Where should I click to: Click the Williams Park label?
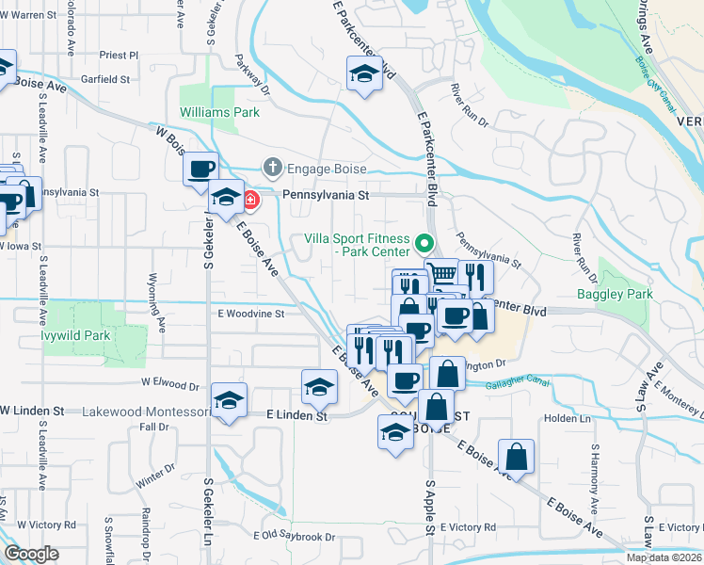(x=219, y=112)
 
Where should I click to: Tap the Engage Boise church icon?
(x=272, y=167)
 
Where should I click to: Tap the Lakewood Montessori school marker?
(x=230, y=400)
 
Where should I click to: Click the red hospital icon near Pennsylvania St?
(x=250, y=199)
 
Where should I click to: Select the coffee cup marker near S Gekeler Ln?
(x=200, y=169)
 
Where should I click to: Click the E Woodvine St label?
(x=250, y=315)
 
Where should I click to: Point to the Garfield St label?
(x=105, y=80)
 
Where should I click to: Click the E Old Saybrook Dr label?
(x=294, y=537)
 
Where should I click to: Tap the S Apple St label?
(x=429, y=509)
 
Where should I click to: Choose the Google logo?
(x=31, y=554)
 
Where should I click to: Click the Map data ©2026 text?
(x=664, y=557)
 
